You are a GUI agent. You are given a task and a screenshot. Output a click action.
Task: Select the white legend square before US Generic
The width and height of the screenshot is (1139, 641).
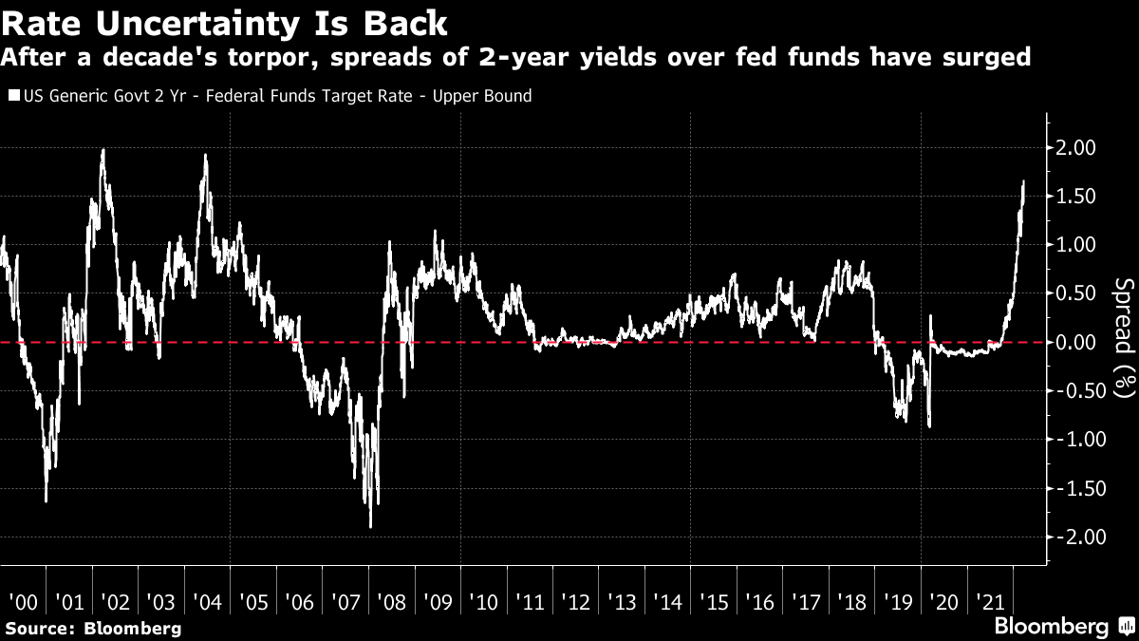click(12, 96)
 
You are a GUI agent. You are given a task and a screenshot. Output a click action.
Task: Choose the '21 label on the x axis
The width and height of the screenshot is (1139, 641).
click(990, 603)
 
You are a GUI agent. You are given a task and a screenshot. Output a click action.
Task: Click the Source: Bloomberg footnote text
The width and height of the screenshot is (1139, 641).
click(91, 629)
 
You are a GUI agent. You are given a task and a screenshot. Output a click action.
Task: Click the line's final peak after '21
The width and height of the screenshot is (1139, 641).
click(1023, 181)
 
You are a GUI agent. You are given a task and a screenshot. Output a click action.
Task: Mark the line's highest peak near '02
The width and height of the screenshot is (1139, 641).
click(103, 149)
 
